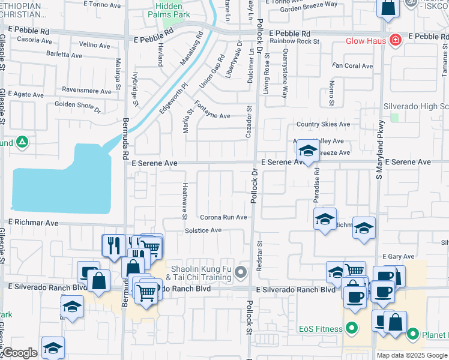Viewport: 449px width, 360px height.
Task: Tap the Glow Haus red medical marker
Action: pos(395,41)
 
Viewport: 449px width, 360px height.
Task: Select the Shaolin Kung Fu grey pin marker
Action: pos(241,273)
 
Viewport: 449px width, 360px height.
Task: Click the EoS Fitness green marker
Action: pos(352,329)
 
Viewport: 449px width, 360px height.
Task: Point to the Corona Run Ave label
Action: pos(223,217)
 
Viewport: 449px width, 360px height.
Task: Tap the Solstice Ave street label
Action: pos(203,230)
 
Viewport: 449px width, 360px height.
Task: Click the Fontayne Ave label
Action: pos(212,116)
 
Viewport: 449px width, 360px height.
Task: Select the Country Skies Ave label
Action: pos(323,124)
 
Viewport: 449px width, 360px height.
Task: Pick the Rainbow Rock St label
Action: pos(294,41)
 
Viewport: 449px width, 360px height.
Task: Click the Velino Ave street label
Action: pos(94,45)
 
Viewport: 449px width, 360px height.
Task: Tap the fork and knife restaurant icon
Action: pos(112,245)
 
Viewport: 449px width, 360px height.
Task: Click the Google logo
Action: pos(20,353)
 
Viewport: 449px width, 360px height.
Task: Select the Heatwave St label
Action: pos(185,201)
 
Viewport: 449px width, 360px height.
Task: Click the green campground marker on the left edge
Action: pos(22,143)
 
